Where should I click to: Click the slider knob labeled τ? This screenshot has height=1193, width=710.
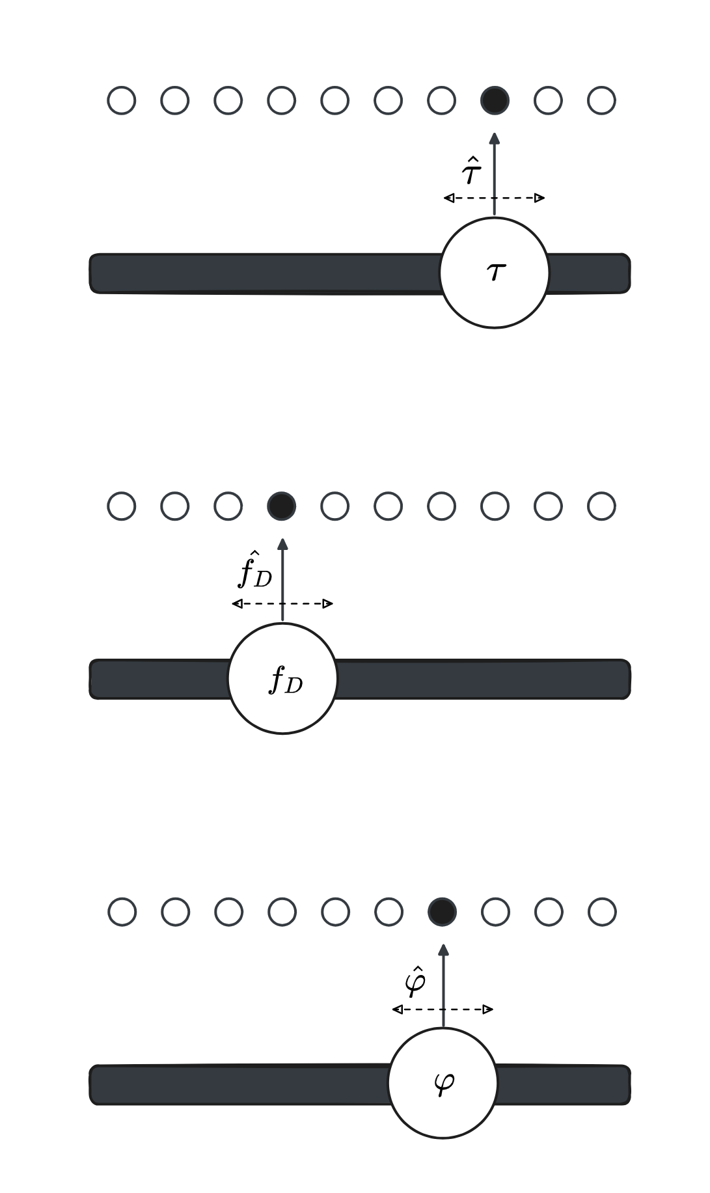495,273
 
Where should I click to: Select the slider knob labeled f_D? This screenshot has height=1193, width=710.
282,678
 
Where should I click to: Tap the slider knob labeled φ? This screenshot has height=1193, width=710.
443,1083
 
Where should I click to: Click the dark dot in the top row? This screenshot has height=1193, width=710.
495,100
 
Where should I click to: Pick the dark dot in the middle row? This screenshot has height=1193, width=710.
282,506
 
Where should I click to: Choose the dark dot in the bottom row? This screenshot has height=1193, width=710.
443,911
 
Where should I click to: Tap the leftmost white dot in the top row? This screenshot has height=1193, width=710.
122,100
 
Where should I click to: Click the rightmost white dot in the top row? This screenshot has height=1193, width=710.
601,100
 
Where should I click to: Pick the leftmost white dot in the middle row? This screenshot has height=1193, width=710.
122,506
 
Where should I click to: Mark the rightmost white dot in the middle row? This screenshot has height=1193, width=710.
601,506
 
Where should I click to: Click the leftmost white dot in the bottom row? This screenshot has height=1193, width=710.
122,911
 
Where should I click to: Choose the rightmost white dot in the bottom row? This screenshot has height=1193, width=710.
602,911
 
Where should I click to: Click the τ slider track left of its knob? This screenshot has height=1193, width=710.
260,273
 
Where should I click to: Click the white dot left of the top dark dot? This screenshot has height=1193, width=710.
441,100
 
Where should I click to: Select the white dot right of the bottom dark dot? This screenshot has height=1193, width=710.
495,911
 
